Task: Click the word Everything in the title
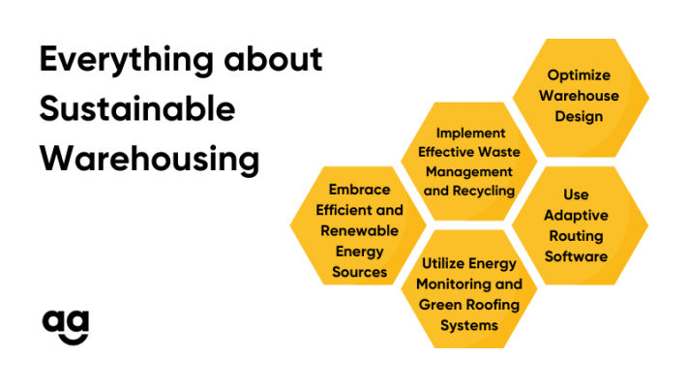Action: pos(127,60)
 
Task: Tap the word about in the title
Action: pos(273,59)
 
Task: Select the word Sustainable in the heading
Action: pos(137,108)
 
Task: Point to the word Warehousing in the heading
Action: pos(150,160)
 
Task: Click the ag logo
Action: pos(66,327)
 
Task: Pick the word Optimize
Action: pos(579,75)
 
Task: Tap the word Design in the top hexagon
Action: pos(579,116)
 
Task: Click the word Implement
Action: pos(470,134)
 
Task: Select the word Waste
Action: pos(499,152)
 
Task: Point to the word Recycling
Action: pos(484,192)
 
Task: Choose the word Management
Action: pos(469,172)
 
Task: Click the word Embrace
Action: pos(359,190)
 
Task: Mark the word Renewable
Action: pos(359,231)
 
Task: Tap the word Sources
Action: pos(359,272)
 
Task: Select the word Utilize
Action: pos(441,264)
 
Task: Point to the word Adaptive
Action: pos(576,216)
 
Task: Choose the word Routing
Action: pos(576,236)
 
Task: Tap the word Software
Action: pos(576,256)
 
